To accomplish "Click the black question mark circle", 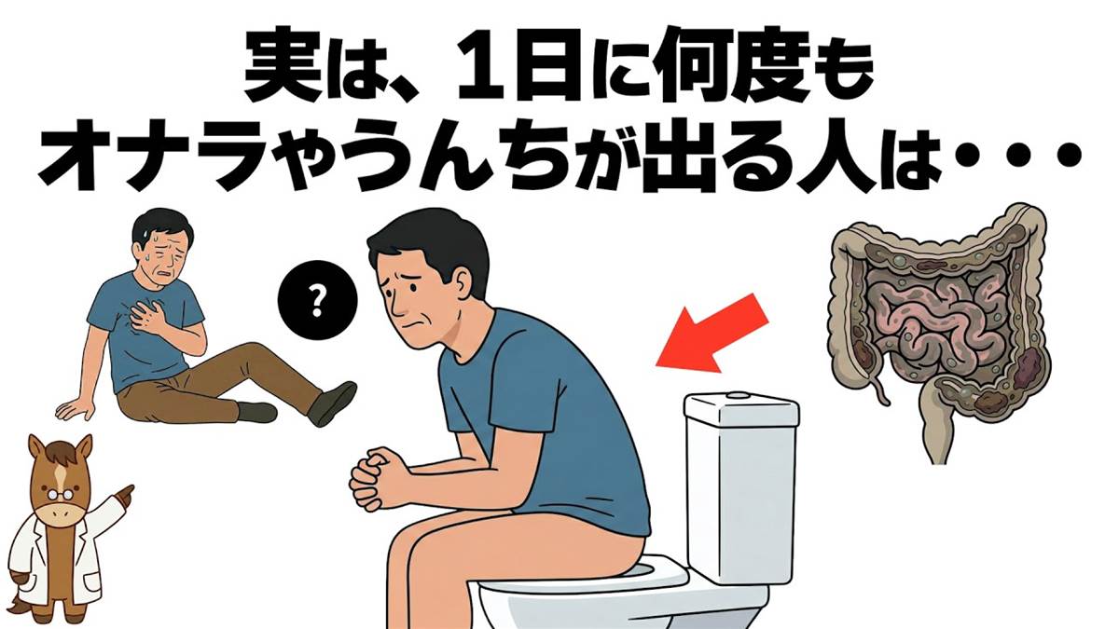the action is click(317, 300).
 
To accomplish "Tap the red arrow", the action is click(711, 335).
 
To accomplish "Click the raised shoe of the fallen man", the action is click(331, 403).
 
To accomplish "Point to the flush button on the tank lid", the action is click(738, 395).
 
